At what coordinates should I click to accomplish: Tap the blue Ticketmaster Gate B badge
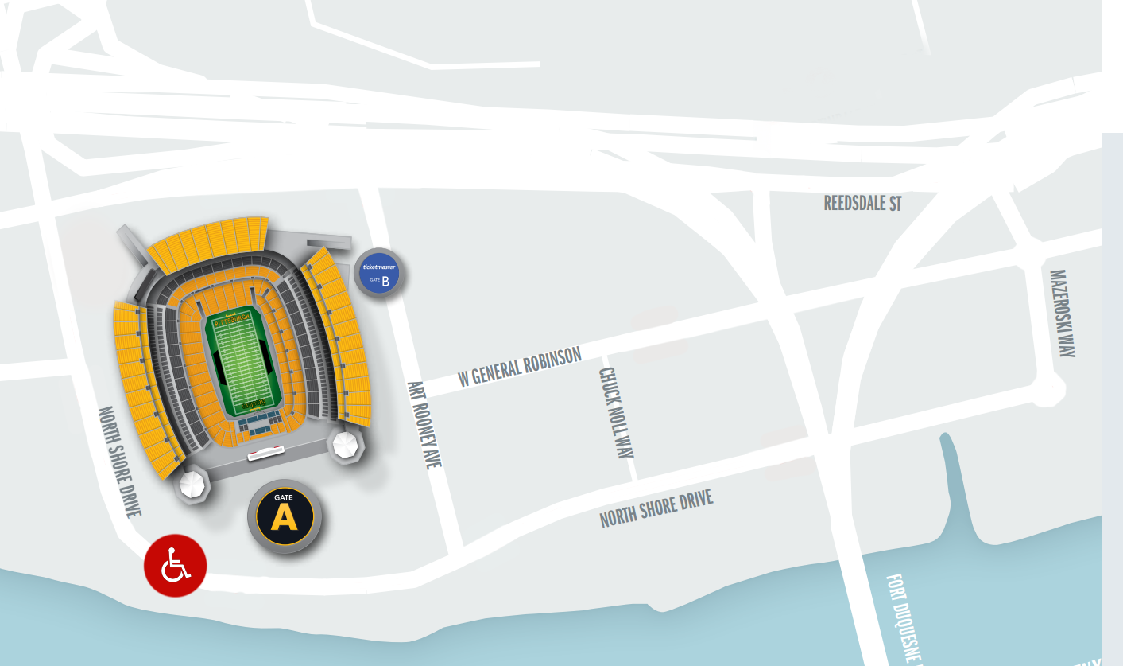[378, 273]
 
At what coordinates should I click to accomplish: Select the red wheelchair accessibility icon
[176, 565]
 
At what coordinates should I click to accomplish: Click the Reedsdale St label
[862, 203]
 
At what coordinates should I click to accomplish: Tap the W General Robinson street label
[520, 367]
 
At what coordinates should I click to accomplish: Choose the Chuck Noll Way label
[617, 412]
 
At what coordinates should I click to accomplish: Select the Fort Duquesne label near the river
[904, 617]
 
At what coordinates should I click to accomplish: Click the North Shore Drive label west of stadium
[119, 462]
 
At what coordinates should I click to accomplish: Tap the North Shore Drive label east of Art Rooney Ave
[656, 509]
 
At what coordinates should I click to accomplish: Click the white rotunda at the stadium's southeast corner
[347, 445]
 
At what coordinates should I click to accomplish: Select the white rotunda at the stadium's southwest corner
[192, 484]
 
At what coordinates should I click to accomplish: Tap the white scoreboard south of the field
[265, 453]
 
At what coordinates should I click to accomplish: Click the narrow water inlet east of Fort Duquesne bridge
[958, 493]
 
